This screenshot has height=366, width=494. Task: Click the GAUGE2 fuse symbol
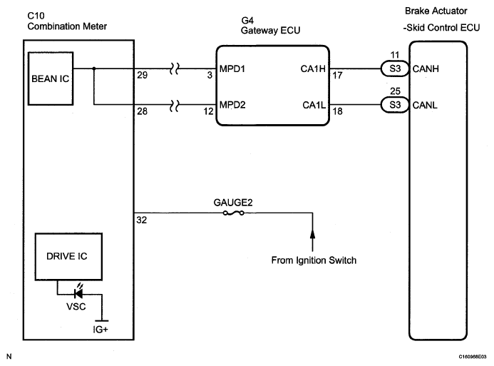coord(233,213)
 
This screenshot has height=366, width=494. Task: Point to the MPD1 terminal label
coord(232,68)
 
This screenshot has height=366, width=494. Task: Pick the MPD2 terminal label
coord(232,105)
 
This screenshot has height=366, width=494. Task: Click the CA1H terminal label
coord(313,68)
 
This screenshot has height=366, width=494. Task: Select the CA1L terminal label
coord(314,105)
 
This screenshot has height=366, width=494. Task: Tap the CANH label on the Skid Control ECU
coord(426,68)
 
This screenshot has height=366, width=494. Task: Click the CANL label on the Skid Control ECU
coord(425,105)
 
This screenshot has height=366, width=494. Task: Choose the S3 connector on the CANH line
coord(395,68)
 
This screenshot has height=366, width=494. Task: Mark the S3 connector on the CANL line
coord(395,105)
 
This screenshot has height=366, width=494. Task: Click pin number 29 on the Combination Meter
coord(142,75)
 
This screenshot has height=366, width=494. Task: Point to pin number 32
coord(141,220)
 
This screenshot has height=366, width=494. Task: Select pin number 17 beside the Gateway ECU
coord(337,76)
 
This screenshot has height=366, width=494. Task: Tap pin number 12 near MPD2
coord(208,111)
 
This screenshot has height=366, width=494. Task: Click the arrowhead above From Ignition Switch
coord(312,233)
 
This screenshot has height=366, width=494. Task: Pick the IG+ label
coord(101,330)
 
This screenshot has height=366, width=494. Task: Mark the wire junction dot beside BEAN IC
coord(94,68)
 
